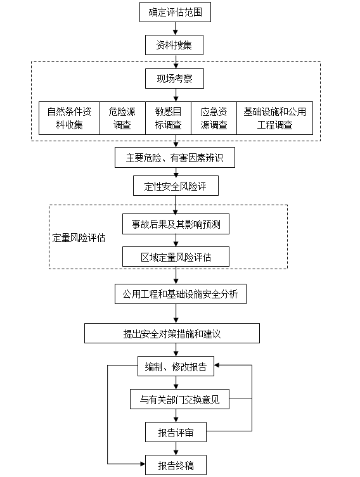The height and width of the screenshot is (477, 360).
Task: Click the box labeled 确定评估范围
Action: coord(175,12)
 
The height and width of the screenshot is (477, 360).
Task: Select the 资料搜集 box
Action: coord(174,45)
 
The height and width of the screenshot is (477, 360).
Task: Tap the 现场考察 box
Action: coord(174,79)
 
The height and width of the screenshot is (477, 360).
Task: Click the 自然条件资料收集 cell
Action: coord(69,118)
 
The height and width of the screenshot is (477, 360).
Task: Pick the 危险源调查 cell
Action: coord(122,118)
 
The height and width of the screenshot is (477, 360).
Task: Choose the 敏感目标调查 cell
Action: coord(169,118)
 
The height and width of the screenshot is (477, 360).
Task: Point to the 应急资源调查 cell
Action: coord(214,118)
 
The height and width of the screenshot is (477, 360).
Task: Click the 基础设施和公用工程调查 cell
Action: coord(275,118)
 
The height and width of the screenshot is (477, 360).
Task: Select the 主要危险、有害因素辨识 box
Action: coord(175,158)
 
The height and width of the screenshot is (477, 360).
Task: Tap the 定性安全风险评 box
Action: coord(176,186)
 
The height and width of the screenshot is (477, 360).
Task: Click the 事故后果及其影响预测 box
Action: coord(176,224)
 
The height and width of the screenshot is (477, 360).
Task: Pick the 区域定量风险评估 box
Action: coord(176,257)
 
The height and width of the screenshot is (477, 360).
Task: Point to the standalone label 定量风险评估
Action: coord(79,238)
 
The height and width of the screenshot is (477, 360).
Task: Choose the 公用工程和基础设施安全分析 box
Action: coord(181,294)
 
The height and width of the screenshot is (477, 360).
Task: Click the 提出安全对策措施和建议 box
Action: coord(172,333)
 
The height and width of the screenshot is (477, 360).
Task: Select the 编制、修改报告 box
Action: coord(176,366)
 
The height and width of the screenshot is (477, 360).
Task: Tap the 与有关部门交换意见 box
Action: coord(179,399)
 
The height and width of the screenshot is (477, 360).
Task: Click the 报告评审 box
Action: coord(176,432)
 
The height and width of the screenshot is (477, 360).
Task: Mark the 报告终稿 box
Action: coord(176,465)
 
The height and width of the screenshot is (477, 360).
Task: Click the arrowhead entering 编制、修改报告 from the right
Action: coord(217,365)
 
